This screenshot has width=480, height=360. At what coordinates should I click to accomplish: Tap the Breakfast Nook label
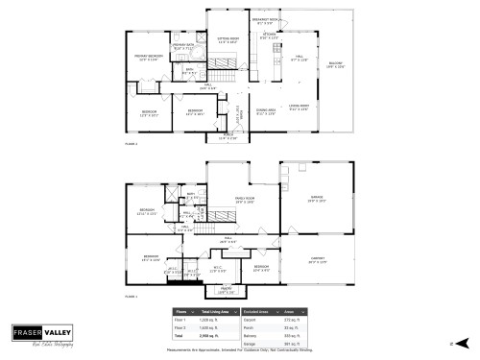click(265, 19)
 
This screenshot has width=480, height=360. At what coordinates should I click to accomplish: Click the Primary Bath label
click(183, 46)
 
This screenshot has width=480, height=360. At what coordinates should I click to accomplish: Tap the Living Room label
click(298, 107)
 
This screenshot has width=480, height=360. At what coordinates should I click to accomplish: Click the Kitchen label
click(270, 36)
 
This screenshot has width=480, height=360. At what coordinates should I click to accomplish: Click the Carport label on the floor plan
click(317, 259)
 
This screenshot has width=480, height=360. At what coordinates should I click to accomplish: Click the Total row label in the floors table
click(180, 337)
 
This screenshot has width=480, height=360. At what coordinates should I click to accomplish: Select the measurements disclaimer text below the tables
click(240, 349)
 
